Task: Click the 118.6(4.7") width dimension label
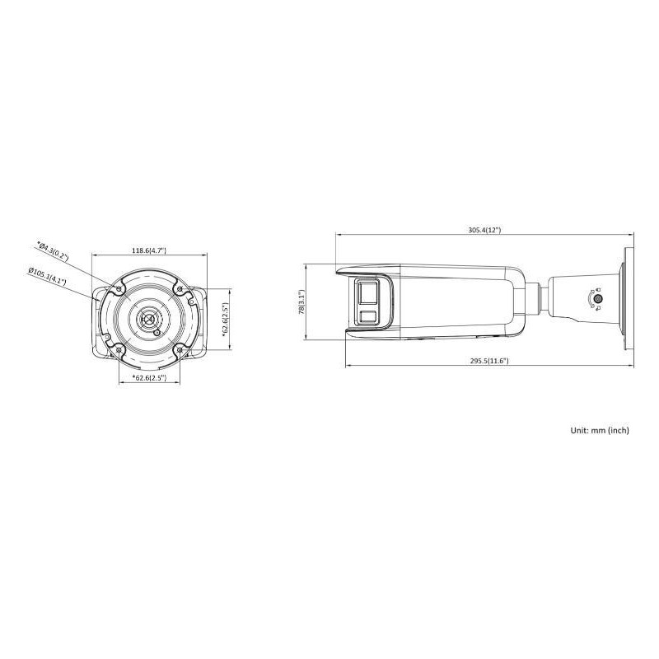point(149,250)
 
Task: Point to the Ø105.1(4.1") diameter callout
point(47,275)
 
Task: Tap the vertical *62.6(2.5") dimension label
point(224,320)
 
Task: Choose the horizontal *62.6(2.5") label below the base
point(149,377)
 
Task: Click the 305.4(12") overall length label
point(484,231)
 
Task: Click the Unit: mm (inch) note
point(599,430)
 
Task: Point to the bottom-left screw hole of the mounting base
point(120,349)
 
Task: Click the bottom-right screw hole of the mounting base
point(179,349)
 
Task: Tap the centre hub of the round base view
point(149,319)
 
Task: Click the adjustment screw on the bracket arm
point(598,299)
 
